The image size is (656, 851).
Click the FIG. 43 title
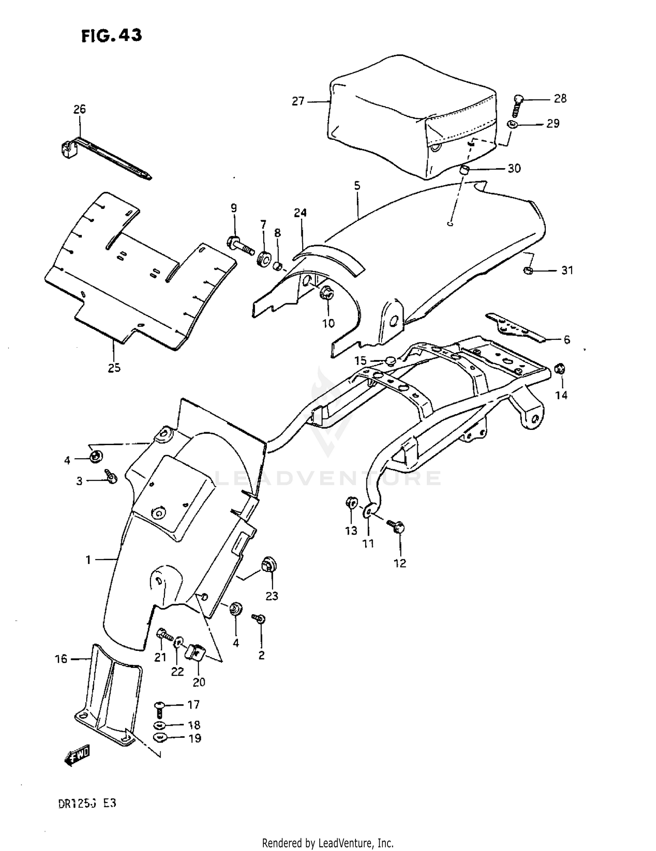[112, 35]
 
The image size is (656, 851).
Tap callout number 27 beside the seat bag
[298, 101]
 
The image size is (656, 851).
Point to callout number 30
[514, 168]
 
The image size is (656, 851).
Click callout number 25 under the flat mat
[114, 368]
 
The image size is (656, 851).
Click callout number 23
[272, 596]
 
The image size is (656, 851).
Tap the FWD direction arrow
[78, 755]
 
